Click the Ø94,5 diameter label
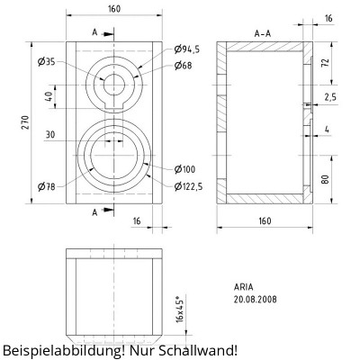point(186,49)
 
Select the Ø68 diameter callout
point(183,66)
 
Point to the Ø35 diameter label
point(47,62)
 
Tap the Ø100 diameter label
point(184,169)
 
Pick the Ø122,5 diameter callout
point(188,186)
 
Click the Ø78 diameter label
point(47,187)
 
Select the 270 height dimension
point(25,122)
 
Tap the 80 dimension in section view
point(325,179)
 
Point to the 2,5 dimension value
point(330,97)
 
